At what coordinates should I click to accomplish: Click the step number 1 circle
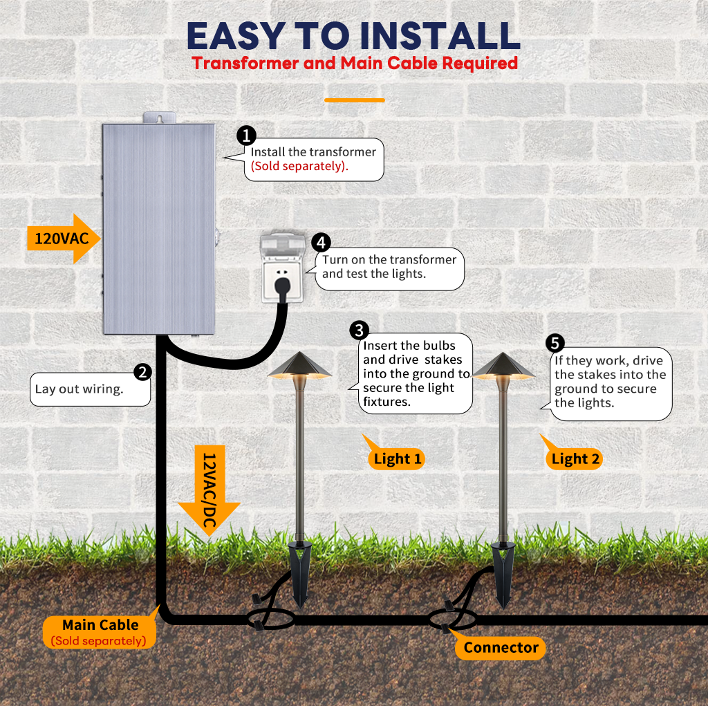tap(247, 136)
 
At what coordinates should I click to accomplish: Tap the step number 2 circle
tap(142, 372)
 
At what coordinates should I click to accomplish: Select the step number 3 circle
tap(360, 331)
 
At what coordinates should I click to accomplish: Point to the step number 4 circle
tap(321, 243)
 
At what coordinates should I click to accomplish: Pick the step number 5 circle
tap(555, 343)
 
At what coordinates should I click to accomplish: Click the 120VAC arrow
tap(63, 239)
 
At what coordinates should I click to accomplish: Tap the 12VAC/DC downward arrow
tap(209, 490)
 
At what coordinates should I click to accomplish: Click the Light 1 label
tap(397, 459)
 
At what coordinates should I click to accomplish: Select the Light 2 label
tap(575, 459)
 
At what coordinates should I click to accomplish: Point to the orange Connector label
tap(501, 648)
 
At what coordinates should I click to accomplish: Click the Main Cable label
tap(100, 632)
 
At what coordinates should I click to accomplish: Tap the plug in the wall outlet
tap(283, 289)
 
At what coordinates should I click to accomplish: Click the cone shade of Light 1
tap(299, 365)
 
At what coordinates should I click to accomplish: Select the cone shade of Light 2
tap(503, 366)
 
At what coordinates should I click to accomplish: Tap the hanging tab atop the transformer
tap(160, 118)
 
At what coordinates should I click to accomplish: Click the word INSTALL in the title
tap(440, 36)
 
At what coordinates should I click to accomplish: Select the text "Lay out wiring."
tap(79, 389)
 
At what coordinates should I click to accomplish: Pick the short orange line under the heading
tap(355, 100)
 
